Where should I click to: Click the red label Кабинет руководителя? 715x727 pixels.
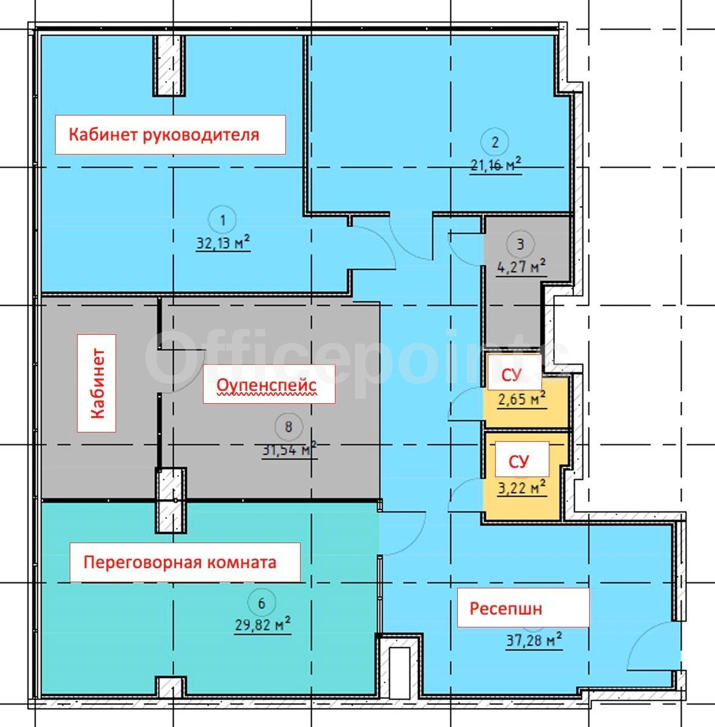164,134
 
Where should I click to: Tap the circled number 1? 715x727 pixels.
222,220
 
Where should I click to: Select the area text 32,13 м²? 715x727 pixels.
223,242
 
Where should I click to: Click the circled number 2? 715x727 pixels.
495,142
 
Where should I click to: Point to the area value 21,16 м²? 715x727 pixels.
496,164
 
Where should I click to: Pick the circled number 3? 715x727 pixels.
520,244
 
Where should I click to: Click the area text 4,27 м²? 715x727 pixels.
521,266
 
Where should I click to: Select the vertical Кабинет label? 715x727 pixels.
97,384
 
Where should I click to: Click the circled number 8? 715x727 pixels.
288,426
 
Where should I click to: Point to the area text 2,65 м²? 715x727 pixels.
522,399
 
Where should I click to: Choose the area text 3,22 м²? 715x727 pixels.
522,488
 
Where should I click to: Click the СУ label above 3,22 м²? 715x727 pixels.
518,462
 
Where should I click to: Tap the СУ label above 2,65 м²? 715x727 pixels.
512,375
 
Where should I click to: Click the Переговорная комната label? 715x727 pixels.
180,563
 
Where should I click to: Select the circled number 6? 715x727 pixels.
262,603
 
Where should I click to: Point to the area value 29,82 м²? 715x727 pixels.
262,624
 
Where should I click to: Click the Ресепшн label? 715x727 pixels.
506,608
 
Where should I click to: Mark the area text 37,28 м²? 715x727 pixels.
533,641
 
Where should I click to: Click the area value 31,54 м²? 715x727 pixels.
289,449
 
